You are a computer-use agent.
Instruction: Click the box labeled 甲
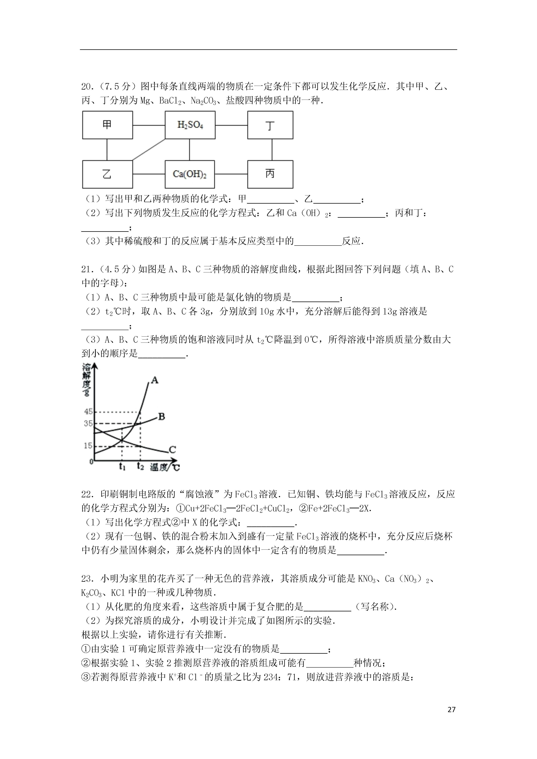click(x=107, y=125)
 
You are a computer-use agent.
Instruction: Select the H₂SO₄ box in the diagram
click(x=190, y=125)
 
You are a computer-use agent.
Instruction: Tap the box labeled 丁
click(x=270, y=125)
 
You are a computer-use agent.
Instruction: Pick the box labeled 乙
click(x=107, y=174)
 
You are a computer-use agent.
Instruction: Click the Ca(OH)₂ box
click(x=190, y=174)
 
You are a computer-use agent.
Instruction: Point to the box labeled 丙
click(x=270, y=174)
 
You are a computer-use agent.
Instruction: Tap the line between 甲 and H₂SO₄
click(x=149, y=125)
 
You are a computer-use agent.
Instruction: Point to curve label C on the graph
click(x=172, y=450)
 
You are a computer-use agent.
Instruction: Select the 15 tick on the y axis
click(x=88, y=446)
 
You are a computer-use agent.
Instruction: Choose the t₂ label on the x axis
click(x=141, y=466)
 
